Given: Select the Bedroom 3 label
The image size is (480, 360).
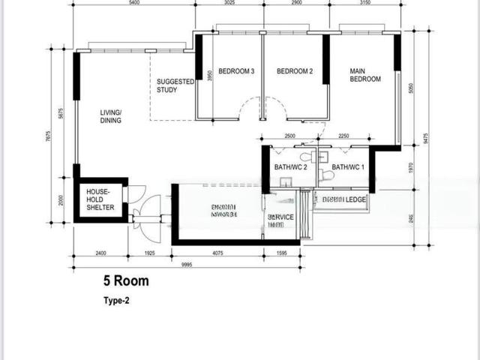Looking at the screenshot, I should [238, 72].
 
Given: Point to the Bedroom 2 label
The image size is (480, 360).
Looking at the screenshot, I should [295, 72].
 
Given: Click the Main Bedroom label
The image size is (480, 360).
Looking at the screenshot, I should [364, 75].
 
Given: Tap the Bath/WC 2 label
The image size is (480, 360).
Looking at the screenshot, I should [290, 167].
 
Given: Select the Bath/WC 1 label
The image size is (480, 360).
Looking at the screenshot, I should [347, 167].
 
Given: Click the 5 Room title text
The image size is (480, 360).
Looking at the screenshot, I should [126, 281].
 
